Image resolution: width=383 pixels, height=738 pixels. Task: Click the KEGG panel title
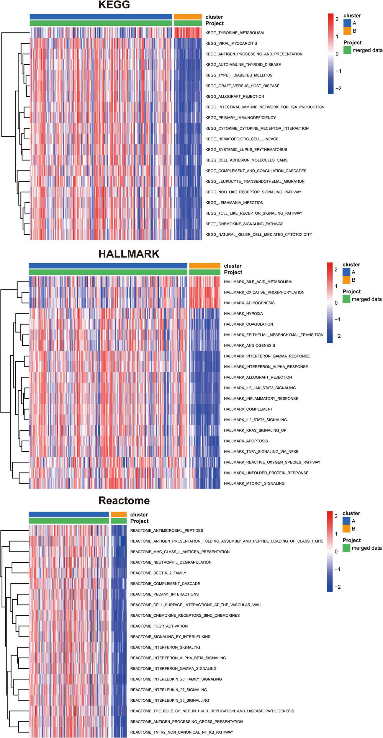pyautogui.click(x=114, y=5)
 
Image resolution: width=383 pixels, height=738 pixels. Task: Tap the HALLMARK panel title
pyautogui.click(x=129, y=254)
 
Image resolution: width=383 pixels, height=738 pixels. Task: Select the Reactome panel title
pyautogui.click(x=124, y=500)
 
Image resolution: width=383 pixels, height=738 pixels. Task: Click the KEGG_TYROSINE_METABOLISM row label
pyautogui.click(x=234, y=33)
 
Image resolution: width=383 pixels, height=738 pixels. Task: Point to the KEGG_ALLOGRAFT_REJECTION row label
pyautogui.click(x=235, y=97)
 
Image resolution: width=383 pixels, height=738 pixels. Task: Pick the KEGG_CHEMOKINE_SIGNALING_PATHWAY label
pyautogui.click(x=244, y=224)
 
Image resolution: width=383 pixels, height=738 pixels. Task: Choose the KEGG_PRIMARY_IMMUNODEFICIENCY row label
pyautogui.click(x=240, y=118)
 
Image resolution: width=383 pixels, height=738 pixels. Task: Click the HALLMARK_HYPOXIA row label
pyautogui.click(x=243, y=314)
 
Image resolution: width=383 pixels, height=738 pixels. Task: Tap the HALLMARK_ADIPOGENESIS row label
pyautogui.click(x=249, y=303)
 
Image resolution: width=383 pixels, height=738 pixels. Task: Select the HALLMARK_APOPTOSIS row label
pyautogui.click(x=246, y=441)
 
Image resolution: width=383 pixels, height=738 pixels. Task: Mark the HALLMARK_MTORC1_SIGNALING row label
pyautogui.click(x=254, y=484)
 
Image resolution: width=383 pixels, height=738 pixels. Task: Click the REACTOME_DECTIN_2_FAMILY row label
pyautogui.click(x=158, y=573)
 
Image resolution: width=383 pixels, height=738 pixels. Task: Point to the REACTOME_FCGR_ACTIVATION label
pyautogui.click(x=159, y=626)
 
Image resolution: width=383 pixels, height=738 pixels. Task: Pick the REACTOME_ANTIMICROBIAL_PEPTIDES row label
pyautogui.click(x=166, y=530)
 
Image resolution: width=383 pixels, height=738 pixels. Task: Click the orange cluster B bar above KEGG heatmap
pyautogui.click(x=188, y=17)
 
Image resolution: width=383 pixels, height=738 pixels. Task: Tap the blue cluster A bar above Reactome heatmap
pyautogui.click(x=69, y=515)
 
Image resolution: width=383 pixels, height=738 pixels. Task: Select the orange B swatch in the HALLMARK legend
pyautogui.click(x=346, y=280)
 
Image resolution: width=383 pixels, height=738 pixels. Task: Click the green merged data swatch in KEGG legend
pyautogui.click(x=347, y=50)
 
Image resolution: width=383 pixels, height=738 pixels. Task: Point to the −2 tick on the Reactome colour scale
pyautogui.click(x=338, y=587)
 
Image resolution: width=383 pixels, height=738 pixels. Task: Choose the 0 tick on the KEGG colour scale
pyautogui.click(x=337, y=54)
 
